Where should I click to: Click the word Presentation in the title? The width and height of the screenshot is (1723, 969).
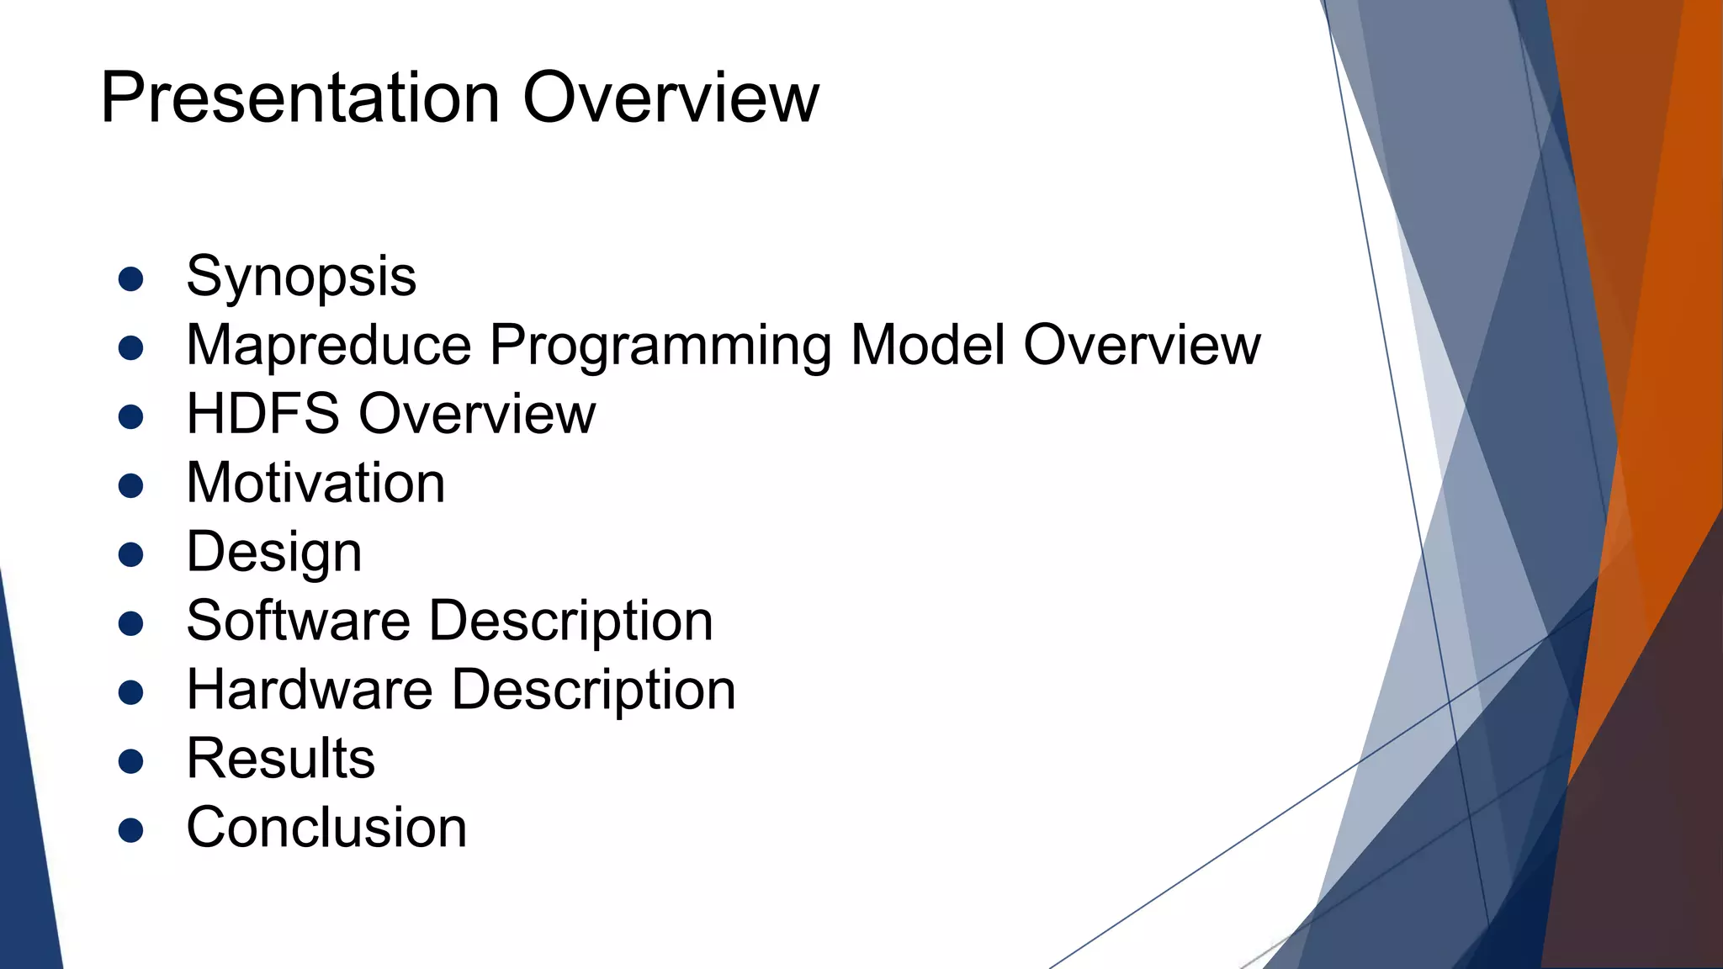pos(300,98)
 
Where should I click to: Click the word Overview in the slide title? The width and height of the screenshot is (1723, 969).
pos(671,98)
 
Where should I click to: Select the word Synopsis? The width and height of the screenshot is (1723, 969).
pos(301,277)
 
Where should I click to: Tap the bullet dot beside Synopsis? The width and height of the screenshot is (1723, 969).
pos(130,279)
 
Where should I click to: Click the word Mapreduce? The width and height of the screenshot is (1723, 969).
pos(329,345)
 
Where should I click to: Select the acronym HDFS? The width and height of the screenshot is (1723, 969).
pos(262,414)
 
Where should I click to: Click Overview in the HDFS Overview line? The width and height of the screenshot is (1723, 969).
pos(477,414)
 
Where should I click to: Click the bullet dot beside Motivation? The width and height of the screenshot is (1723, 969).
pos(130,486)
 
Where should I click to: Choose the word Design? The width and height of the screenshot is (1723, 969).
pos(274,553)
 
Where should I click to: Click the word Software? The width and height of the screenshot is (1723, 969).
pos(298,621)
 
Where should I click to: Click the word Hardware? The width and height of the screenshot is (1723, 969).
pos(309,690)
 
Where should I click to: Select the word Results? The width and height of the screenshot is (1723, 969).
pos(280,759)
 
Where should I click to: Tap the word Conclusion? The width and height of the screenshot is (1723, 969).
pos(326,828)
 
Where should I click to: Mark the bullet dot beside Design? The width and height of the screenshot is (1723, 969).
pos(130,555)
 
